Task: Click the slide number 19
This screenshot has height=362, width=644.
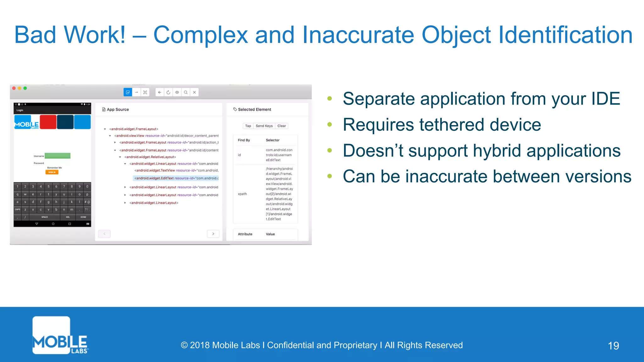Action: coord(613,346)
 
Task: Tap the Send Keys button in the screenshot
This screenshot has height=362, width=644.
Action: coord(264,126)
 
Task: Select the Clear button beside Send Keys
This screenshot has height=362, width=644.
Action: coord(282,126)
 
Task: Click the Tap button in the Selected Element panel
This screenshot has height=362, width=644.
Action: coord(248,126)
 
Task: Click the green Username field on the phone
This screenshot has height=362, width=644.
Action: coord(58,156)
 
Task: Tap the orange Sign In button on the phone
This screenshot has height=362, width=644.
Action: coord(52,172)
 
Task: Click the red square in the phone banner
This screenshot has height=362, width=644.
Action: coord(48,122)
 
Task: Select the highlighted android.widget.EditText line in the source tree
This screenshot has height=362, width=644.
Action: coord(176,178)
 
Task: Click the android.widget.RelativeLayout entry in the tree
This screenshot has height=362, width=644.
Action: coord(150,157)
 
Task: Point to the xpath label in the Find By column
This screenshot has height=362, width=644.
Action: coord(242,194)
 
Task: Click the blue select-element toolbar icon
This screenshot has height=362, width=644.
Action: coord(128,92)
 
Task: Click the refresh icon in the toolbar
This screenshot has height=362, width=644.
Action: coord(168,92)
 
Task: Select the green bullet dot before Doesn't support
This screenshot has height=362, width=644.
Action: coord(330,150)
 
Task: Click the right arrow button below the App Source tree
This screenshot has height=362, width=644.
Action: coord(213,234)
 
